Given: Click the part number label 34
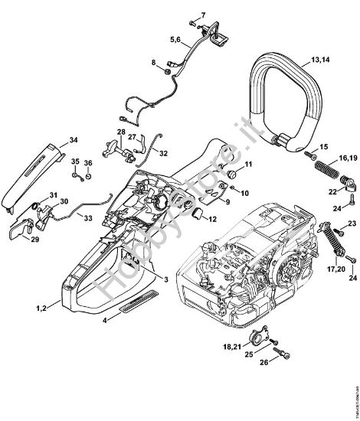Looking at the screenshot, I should [74, 139].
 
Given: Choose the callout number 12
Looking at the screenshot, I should [212, 220].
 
